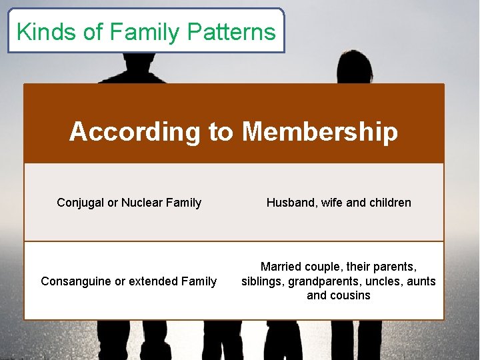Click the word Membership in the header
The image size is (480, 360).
click(319, 131)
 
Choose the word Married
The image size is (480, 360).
click(281, 267)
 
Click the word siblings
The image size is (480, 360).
click(263, 281)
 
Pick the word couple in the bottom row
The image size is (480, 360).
click(324, 267)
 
